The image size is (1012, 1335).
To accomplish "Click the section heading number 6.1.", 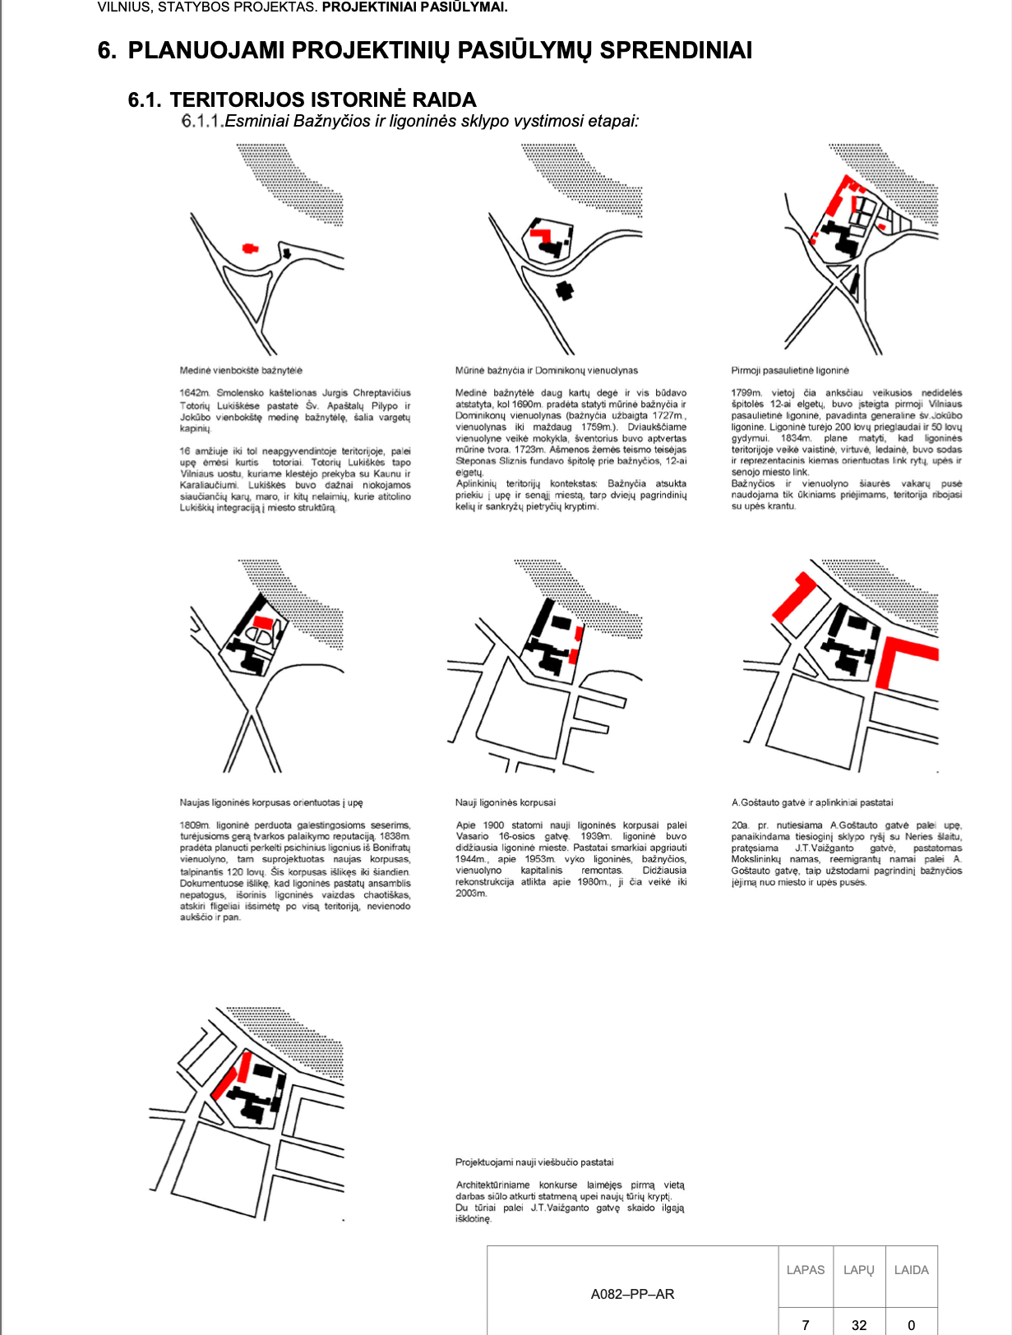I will tap(145, 100).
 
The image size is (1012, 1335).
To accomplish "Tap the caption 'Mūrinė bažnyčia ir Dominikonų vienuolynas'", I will tap(546, 371).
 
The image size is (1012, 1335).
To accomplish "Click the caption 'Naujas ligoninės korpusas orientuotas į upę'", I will tap(270, 802).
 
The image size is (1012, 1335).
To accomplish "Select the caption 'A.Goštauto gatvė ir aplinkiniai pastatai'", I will tap(811, 802).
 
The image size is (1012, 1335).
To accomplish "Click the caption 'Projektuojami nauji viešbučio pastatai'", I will tap(534, 1162).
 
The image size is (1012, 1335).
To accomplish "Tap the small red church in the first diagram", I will tap(249, 247).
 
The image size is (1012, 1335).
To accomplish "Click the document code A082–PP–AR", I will tap(632, 1294).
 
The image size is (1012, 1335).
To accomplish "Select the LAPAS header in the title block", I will tap(805, 1270).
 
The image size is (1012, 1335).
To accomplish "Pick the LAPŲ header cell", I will tap(858, 1270).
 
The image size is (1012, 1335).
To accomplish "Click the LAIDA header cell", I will tap(911, 1270).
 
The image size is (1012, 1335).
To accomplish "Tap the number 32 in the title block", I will tap(859, 1324).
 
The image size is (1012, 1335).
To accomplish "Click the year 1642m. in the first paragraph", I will tap(195, 393).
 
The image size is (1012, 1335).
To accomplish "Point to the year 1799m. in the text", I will tap(746, 393).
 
